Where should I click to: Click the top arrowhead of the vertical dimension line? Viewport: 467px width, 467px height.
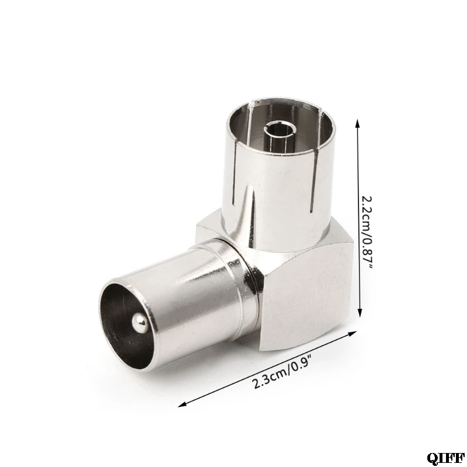click(358, 122)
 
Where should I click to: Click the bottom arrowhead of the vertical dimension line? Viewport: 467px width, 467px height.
click(360, 313)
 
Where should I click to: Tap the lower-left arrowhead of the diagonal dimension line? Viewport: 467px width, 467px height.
click(182, 405)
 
